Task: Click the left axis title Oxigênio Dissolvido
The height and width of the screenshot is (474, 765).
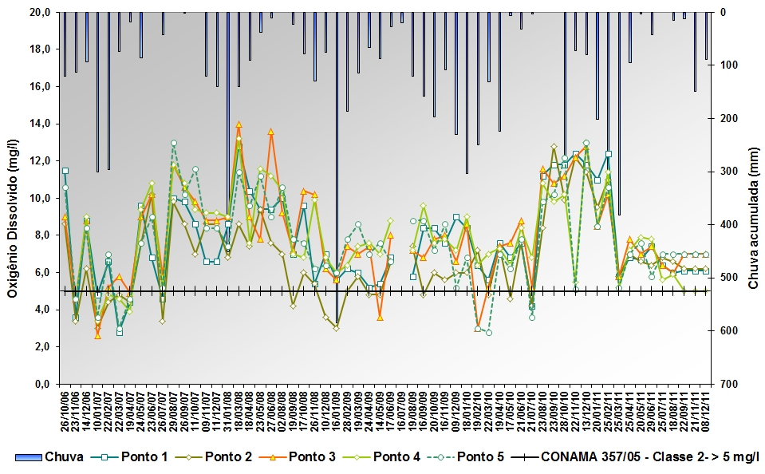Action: pyautogui.click(x=13, y=198)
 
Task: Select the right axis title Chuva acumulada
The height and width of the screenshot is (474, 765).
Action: pyautogui.click(x=752, y=198)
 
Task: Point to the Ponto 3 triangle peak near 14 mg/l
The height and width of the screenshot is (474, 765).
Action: pyautogui.click(x=239, y=124)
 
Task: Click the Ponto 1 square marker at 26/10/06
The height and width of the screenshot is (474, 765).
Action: pyautogui.click(x=65, y=171)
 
